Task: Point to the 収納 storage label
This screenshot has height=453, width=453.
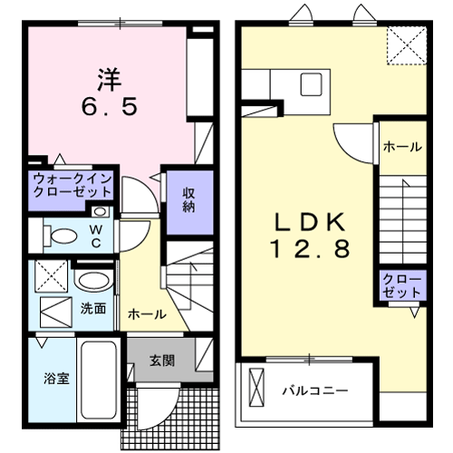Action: pyautogui.click(x=188, y=199)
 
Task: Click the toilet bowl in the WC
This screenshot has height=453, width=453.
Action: pyautogui.click(x=63, y=237)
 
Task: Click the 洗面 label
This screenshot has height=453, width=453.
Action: pyautogui.click(x=93, y=308)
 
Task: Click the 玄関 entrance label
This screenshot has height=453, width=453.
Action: pyautogui.click(x=162, y=360)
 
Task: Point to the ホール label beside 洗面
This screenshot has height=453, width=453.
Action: pyautogui.click(x=147, y=314)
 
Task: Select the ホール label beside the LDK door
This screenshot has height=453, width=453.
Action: pyautogui.click(x=401, y=146)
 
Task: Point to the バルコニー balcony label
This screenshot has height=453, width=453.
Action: pyautogui.click(x=313, y=391)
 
